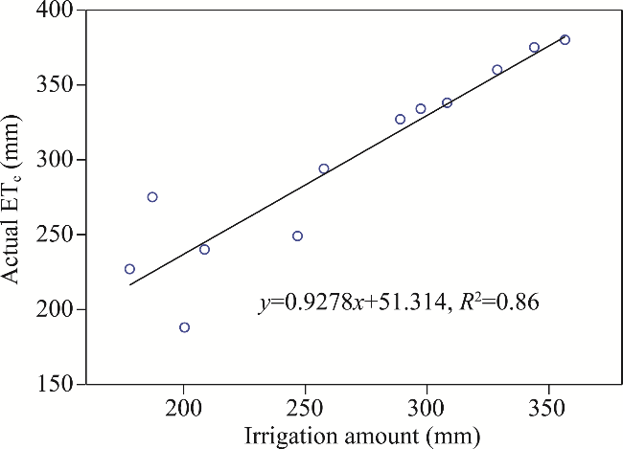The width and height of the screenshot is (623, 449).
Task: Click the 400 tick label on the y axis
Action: (x=58, y=11)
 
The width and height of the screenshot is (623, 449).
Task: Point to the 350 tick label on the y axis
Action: (x=58, y=85)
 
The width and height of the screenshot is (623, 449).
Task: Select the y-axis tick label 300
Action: (x=58, y=160)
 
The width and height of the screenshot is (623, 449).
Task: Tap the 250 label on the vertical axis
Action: (x=58, y=235)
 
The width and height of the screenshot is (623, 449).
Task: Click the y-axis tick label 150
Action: (x=58, y=384)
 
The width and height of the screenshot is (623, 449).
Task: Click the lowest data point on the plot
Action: (x=184, y=327)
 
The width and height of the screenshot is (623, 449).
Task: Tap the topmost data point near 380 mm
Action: (x=565, y=40)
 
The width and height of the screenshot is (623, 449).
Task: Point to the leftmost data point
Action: (x=129, y=269)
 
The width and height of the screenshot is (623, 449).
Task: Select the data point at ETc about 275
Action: (x=152, y=197)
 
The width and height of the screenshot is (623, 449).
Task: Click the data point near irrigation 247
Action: (x=297, y=236)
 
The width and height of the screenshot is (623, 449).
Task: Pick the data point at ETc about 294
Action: (x=324, y=168)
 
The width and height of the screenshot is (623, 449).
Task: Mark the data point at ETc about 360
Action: (x=496, y=70)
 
